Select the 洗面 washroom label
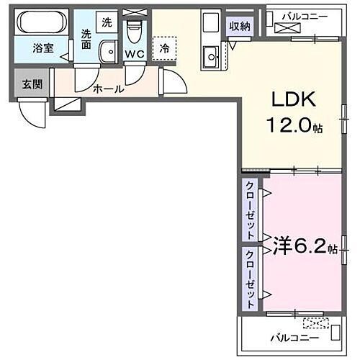pyautogui.click(x=86, y=38)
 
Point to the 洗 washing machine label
pyautogui.click(x=107, y=22)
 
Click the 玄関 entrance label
pyautogui.click(x=32, y=84)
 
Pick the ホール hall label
pyautogui.click(x=109, y=90)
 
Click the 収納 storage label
pyautogui.click(x=240, y=27)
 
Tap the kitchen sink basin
pyautogui.click(x=212, y=55)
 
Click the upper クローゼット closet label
pyautogui.click(x=249, y=210)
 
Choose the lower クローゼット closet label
pyautogui.click(x=249, y=279)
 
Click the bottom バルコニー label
pyautogui.click(x=291, y=336)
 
